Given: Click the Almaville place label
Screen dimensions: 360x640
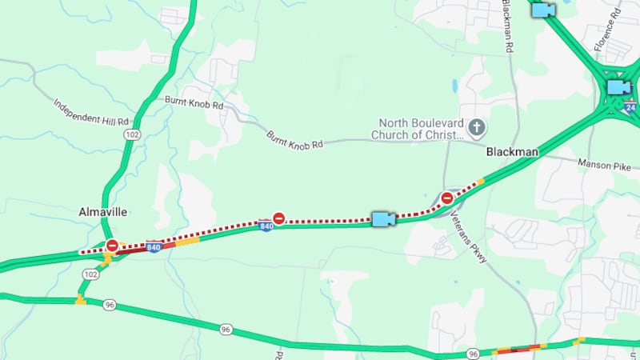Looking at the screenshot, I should coord(103,211).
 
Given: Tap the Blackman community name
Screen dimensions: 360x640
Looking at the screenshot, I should coord(512,151).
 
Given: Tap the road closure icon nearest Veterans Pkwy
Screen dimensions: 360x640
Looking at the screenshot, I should coord(447,198).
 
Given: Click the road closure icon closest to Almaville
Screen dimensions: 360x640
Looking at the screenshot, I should coord(113,246).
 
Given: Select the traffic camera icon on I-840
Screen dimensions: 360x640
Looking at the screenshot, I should coord(383,218).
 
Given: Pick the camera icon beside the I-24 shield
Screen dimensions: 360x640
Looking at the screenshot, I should coord(618,86).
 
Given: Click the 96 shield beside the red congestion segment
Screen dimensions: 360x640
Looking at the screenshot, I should coord(474,353).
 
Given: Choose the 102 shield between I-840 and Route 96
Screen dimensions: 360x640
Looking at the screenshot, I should coord(90,274).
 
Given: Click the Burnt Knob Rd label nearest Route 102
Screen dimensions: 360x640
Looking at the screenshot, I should coord(194,102).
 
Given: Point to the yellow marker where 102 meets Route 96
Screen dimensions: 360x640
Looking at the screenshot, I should coord(80,300).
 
